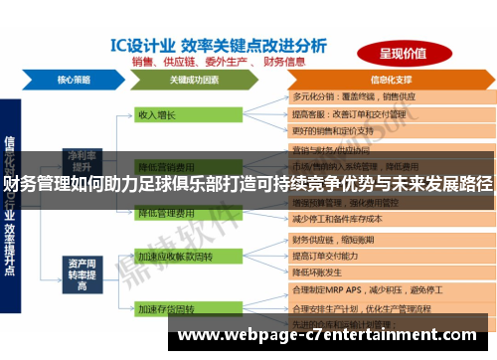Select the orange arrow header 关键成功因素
pos(194,79)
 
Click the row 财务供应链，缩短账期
pos(339,240)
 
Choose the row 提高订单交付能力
pos(332,256)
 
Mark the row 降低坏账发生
pos(323,271)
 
